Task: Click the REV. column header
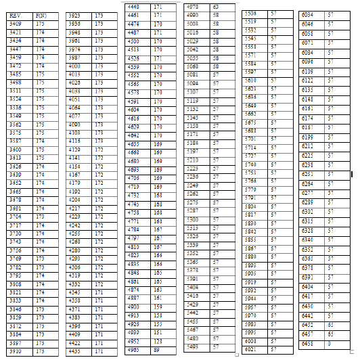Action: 15,14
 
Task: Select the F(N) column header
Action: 40,14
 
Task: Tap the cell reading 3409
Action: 15,23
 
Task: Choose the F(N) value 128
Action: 158,342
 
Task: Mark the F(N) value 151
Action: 158,333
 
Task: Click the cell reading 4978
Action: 192,6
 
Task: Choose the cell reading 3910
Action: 15,351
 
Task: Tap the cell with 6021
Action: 250,349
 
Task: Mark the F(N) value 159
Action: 158,307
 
